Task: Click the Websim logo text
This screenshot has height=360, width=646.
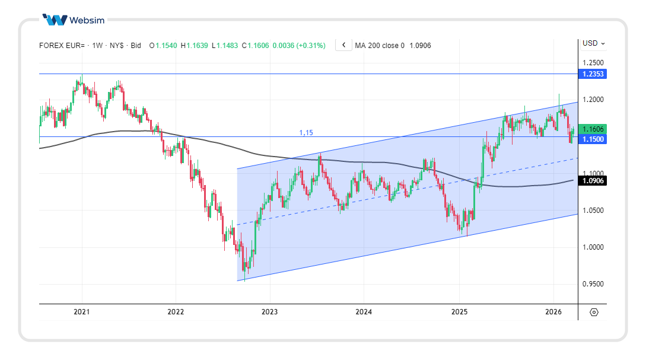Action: [87, 20]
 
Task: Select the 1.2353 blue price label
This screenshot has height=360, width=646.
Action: [593, 74]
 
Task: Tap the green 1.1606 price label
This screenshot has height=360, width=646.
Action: [593, 129]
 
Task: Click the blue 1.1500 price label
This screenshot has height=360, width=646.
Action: [593, 139]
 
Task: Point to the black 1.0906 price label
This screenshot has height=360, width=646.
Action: [593, 181]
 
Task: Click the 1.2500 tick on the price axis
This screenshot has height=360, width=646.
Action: [593, 63]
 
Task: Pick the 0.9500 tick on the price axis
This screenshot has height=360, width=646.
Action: [593, 284]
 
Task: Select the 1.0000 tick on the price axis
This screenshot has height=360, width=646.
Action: [593, 247]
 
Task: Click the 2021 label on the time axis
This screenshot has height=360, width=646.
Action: [82, 312]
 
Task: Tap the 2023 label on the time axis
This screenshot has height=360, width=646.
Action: [270, 312]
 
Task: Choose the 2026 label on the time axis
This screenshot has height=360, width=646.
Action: [553, 312]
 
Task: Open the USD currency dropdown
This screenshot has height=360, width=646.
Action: [594, 43]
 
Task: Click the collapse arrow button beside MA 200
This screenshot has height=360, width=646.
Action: [343, 45]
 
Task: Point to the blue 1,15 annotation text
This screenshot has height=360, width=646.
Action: [306, 133]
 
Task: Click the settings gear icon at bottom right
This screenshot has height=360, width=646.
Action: [594, 313]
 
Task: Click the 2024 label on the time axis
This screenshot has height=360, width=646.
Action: [364, 312]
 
